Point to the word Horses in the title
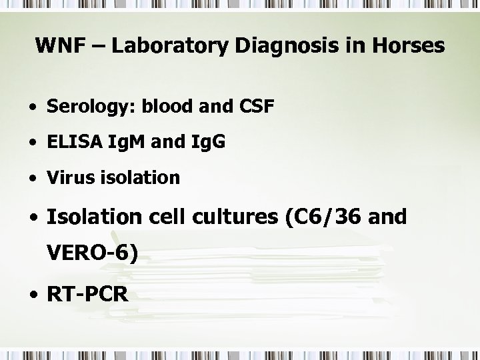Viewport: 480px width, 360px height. pos(407,47)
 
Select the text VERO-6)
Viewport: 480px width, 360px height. pos(92,253)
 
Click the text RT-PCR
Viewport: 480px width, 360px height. pos(87,294)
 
